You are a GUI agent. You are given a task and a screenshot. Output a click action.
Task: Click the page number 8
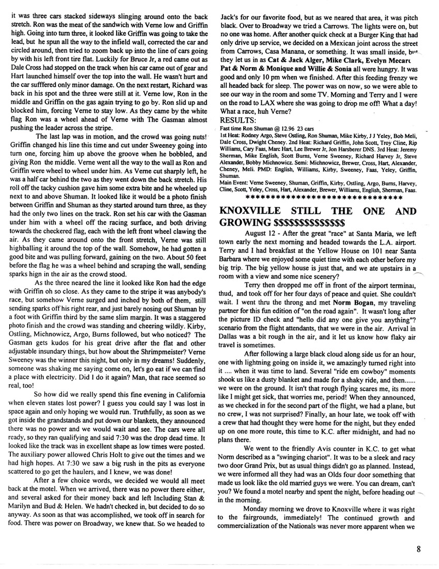(421, 550)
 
